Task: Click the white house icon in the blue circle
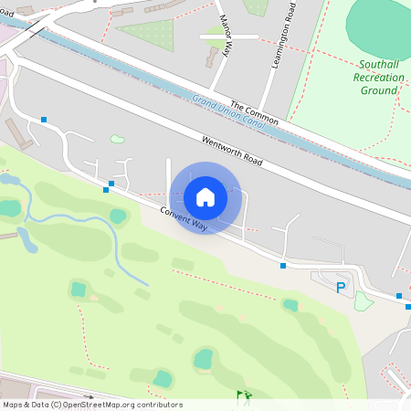[x=205, y=197]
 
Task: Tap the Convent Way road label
[x=184, y=218]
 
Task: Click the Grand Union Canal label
[x=225, y=111]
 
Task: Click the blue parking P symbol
[x=341, y=288]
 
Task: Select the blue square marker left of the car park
[x=283, y=266]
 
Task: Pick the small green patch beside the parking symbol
[x=364, y=300]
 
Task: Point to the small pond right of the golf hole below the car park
[x=290, y=305]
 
